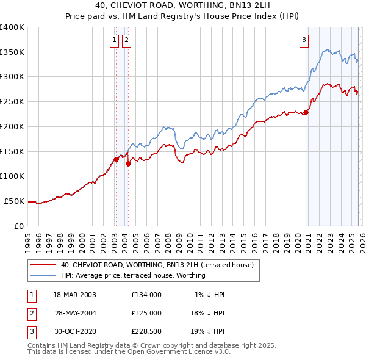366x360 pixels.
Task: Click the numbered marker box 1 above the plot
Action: click(x=114, y=41)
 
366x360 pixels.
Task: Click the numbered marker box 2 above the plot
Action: click(x=126, y=41)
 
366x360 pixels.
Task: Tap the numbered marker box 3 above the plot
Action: click(x=304, y=41)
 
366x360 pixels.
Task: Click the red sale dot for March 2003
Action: click(x=115, y=159)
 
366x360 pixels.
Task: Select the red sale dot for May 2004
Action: click(x=128, y=164)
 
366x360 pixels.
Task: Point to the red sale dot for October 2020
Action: click(x=306, y=112)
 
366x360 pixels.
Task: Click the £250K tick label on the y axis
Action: click(x=12, y=101)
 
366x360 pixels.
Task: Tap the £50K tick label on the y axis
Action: click(x=15, y=201)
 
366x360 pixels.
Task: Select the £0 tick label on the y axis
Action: click(x=20, y=226)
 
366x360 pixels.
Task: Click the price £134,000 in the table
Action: click(x=146, y=295)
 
